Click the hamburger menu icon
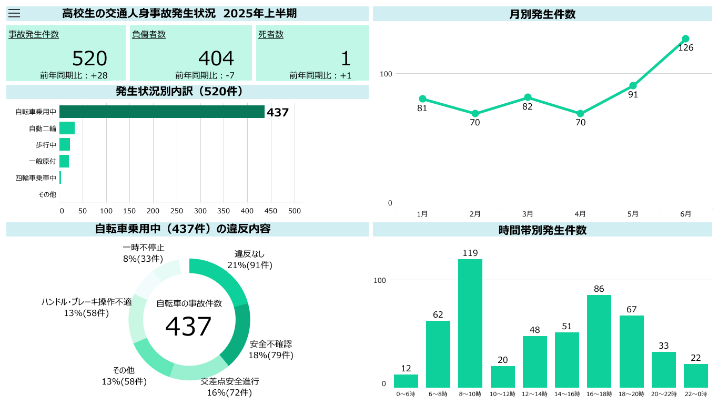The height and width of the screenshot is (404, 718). click(14, 14)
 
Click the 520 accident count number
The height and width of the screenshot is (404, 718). click(89, 58)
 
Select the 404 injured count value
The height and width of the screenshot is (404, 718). click(216, 58)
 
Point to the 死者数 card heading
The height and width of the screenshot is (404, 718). click(271, 35)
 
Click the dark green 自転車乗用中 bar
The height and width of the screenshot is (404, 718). click(161, 112)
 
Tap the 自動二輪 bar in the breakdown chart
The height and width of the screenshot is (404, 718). click(67, 128)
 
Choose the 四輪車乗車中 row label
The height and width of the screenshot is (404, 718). click(36, 178)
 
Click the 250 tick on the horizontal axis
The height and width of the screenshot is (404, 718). click(177, 211)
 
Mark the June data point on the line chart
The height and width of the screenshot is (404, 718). click(685, 39)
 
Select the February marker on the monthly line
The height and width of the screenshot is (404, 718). click(475, 113)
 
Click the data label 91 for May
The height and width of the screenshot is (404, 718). click(633, 95)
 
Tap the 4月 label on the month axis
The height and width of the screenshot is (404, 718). click(580, 214)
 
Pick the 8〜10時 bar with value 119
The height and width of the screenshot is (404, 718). click(470, 323)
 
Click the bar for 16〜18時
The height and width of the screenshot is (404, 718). click(599, 341)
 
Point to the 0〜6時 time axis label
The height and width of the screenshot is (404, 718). click(406, 394)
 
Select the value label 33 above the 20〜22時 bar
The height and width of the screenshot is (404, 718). click(663, 346)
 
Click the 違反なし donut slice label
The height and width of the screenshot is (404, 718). click(250, 259)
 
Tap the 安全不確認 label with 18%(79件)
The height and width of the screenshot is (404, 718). click(271, 349)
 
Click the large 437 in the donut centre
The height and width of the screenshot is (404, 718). click(188, 327)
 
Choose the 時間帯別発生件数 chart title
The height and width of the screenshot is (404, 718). click(542, 230)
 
